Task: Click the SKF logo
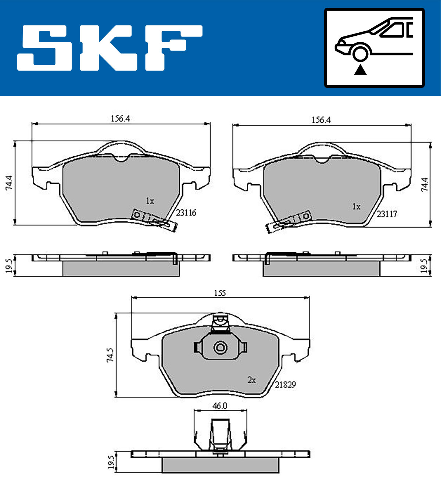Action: tap(110, 48)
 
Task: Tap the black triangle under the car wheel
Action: tap(360, 70)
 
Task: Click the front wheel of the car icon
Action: tap(360, 54)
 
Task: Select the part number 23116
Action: tap(186, 213)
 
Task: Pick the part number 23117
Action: tap(387, 214)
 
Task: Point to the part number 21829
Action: tap(285, 385)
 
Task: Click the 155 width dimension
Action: tap(220, 293)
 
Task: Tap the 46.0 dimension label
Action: tap(220, 406)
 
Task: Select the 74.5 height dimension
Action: tap(110, 355)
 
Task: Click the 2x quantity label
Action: tap(252, 380)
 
